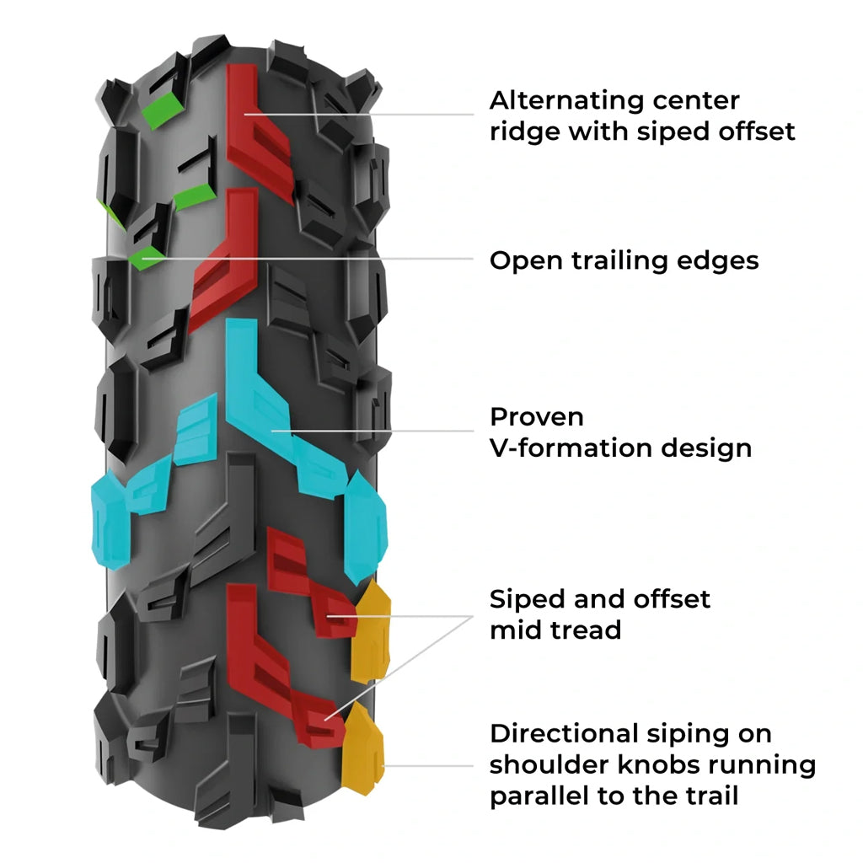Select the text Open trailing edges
[x=624, y=260]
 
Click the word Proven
[x=537, y=416]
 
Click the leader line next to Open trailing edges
[x=337, y=260]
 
